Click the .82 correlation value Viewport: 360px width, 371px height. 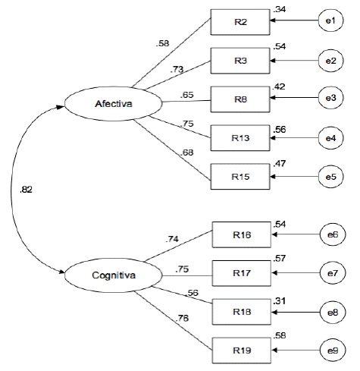26,190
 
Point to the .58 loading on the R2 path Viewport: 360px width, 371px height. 162,43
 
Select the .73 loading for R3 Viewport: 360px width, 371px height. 177,69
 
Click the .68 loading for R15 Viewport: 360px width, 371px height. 187,152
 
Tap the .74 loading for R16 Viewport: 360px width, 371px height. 172,239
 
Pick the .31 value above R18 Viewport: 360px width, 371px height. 279,301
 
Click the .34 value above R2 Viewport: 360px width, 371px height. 279,9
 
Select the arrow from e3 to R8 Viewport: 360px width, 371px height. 294,98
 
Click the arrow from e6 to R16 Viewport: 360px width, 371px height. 296,234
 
